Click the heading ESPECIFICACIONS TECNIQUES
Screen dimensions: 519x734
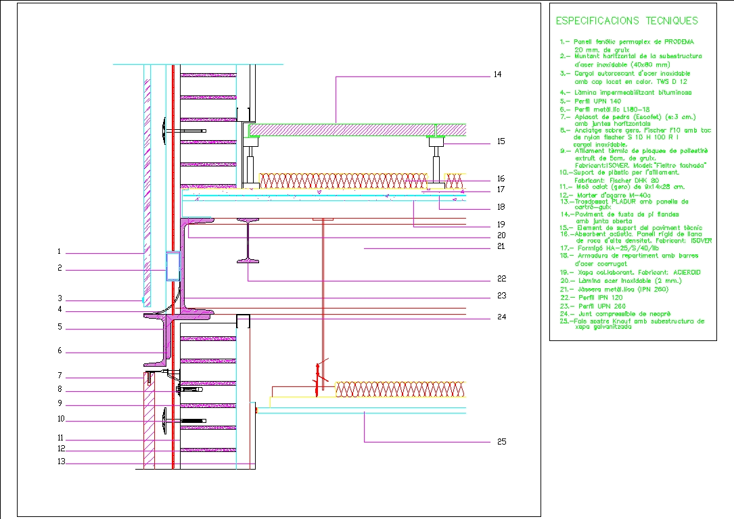coord(626,21)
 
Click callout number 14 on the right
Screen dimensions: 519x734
coord(497,74)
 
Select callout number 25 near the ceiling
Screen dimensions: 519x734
coord(501,442)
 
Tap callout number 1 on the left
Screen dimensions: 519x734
coord(60,252)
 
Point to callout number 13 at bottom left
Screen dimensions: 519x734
coord(61,463)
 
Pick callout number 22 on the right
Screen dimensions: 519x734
coord(501,278)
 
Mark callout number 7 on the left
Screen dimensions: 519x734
coord(60,376)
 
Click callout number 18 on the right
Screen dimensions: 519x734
coord(501,206)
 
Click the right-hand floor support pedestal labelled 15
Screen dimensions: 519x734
coord(436,162)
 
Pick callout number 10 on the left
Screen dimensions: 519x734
coord(61,419)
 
